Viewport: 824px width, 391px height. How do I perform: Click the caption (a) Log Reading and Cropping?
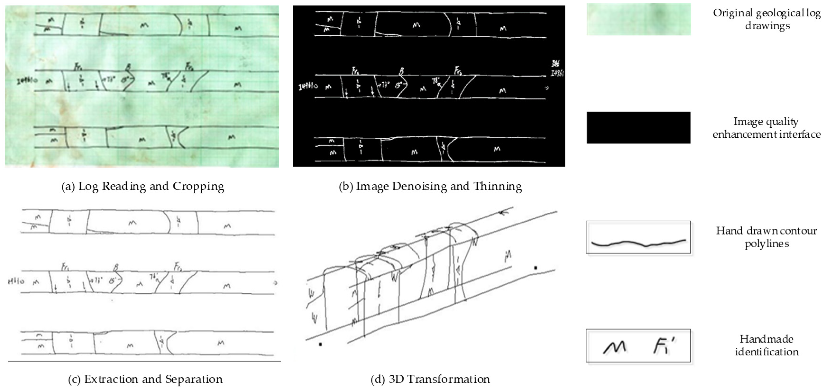(x=143, y=186)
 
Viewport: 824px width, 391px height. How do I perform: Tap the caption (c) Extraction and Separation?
(x=145, y=379)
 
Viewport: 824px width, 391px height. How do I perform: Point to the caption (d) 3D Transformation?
(x=430, y=379)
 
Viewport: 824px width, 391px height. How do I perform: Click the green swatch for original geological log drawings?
(x=638, y=19)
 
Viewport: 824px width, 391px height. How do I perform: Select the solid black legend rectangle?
(x=638, y=128)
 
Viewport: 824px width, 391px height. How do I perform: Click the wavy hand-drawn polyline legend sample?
(x=638, y=243)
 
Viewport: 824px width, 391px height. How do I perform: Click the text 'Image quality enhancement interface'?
(x=766, y=128)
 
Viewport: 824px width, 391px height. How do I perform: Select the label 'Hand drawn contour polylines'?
(x=766, y=237)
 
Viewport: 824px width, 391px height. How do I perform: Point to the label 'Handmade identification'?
(x=766, y=346)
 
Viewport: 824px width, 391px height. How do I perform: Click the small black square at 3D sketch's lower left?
(x=320, y=344)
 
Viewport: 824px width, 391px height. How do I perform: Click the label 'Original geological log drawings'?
(x=766, y=19)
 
